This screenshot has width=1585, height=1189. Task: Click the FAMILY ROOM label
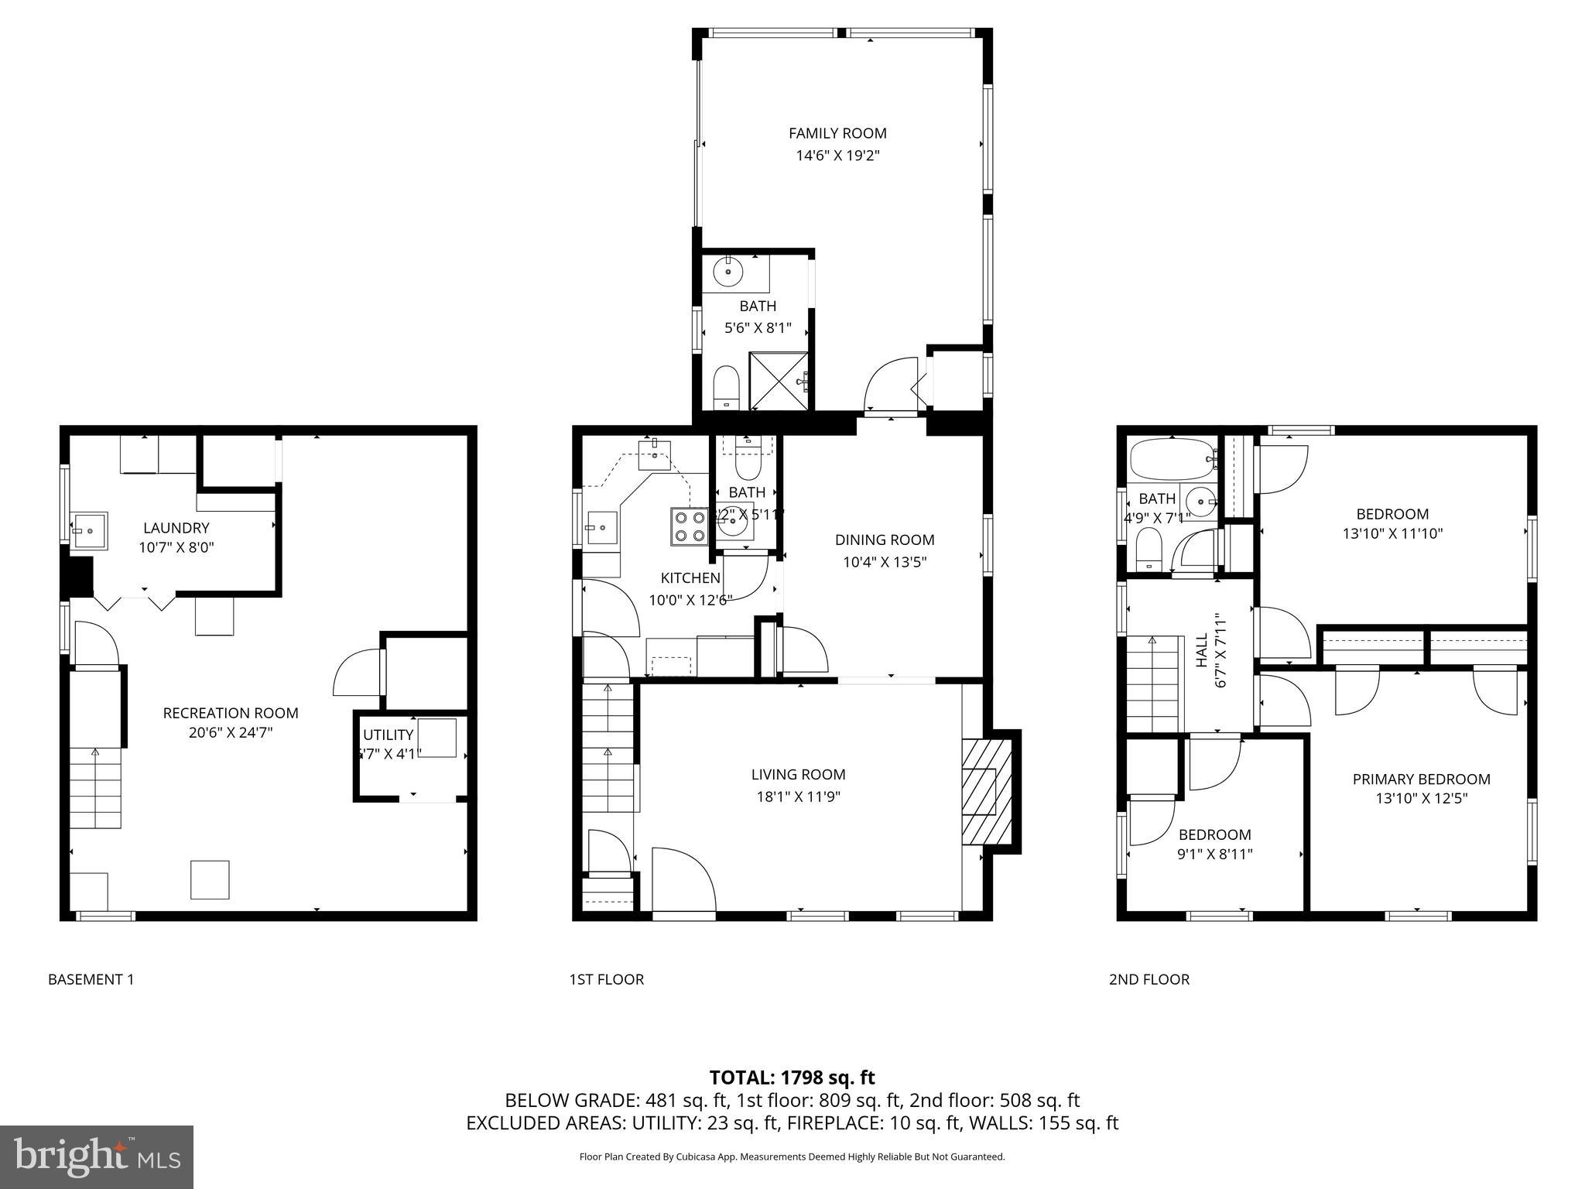[x=837, y=133]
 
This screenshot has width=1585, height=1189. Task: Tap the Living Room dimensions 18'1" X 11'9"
[x=798, y=797]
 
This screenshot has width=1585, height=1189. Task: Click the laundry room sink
[x=90, y=531]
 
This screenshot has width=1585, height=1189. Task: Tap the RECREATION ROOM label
[x=230, y=713]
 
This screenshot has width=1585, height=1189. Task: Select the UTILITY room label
[x=388, y=735]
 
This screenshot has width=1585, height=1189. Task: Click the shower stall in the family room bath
[x=781, y=381]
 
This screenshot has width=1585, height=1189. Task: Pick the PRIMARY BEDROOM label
[x=1421, y=780]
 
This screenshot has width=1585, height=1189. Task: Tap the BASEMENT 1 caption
[x=91, y=979]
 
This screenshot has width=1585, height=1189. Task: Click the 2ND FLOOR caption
[x=1149, y=979]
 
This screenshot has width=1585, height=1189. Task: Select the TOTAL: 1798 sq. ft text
[x=792, y=1077]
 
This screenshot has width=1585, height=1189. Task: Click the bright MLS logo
[x=97, y=1156]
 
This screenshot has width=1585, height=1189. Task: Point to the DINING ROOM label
[x=884, y=540]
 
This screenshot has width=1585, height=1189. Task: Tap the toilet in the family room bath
[x=726, y=386]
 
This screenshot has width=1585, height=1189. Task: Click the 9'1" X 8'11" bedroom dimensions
[x=1214, y=854]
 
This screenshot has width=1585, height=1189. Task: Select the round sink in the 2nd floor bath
[x=1200, y=500]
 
